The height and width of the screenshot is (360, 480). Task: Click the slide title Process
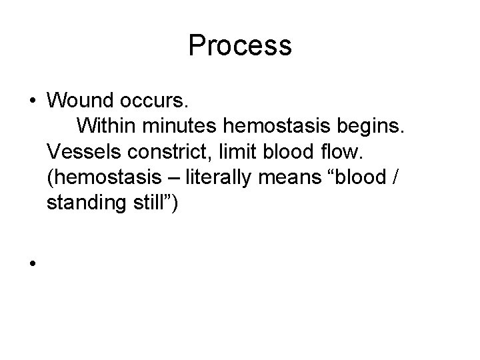tap(240, 46)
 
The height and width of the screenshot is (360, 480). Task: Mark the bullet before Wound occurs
tap(31, 101)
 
